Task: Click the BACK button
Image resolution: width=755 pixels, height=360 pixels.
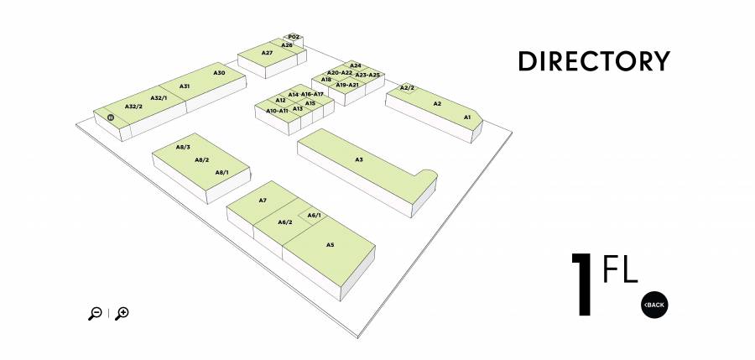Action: [x=654, y=305]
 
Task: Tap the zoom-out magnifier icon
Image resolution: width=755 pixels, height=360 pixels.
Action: [x=95, y=313]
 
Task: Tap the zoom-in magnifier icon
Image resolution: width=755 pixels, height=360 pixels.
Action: [x=122, y=313]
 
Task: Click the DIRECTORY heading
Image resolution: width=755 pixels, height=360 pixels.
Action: [x=594, y=61]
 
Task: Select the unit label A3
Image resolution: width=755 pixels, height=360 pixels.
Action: [x=359, y=159]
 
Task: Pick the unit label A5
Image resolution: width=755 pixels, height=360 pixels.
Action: [x=330, y=245]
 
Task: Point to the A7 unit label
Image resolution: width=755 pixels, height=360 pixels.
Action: [x=263, y=200]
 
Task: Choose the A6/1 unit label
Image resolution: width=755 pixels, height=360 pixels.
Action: [x=314, y=216]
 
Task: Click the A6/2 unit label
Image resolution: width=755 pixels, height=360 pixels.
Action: [x=285, y=222]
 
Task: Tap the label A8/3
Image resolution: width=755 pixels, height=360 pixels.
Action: [x=183, y=147]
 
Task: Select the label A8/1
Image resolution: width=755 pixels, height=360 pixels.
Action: [x=222, y=172]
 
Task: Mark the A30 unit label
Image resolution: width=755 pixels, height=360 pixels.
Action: [x=219, y=73]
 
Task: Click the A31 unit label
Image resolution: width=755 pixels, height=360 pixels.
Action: [x=185, y=86]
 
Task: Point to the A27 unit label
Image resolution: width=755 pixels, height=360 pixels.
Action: [x=268, y=53]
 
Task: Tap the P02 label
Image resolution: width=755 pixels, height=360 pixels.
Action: [x=294, y=37]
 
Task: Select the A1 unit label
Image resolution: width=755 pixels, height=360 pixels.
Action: [x=467, y=117]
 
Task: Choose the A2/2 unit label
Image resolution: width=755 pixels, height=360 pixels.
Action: [x=407, y=88]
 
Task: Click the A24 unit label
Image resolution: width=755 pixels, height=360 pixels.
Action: [x=356, y=65]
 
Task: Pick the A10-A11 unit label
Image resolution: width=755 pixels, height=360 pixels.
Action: [x=277, y=111]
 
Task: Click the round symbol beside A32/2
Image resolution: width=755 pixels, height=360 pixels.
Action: [x=111, y=117]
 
